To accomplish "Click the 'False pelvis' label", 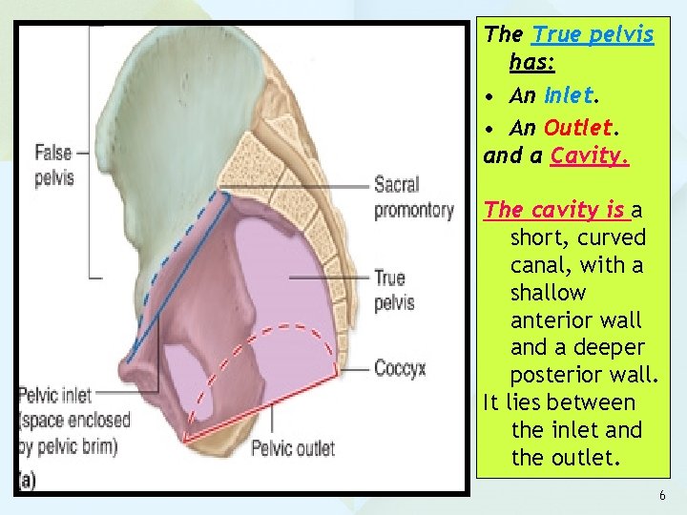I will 53,164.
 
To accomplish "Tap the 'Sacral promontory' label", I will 413,196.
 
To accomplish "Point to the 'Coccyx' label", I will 399,368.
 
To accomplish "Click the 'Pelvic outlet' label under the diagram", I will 293,447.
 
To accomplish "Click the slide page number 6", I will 661,496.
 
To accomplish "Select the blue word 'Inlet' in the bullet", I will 569,95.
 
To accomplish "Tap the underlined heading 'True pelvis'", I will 593,35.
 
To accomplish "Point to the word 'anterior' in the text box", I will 549,320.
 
